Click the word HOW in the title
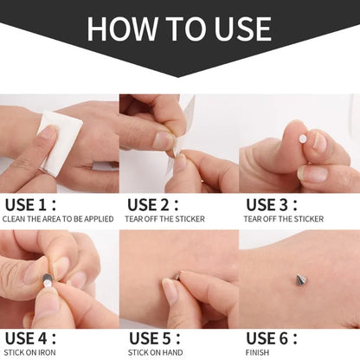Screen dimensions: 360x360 (124, 29)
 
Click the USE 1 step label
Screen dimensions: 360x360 (29, 204)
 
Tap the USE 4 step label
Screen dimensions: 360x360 (29, 338)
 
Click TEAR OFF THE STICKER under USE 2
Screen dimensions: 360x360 (165, 219)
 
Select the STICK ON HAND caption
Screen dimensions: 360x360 (152, 353)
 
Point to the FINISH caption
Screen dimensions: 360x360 (258, 353)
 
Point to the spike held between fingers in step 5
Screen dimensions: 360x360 (176, 276)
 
